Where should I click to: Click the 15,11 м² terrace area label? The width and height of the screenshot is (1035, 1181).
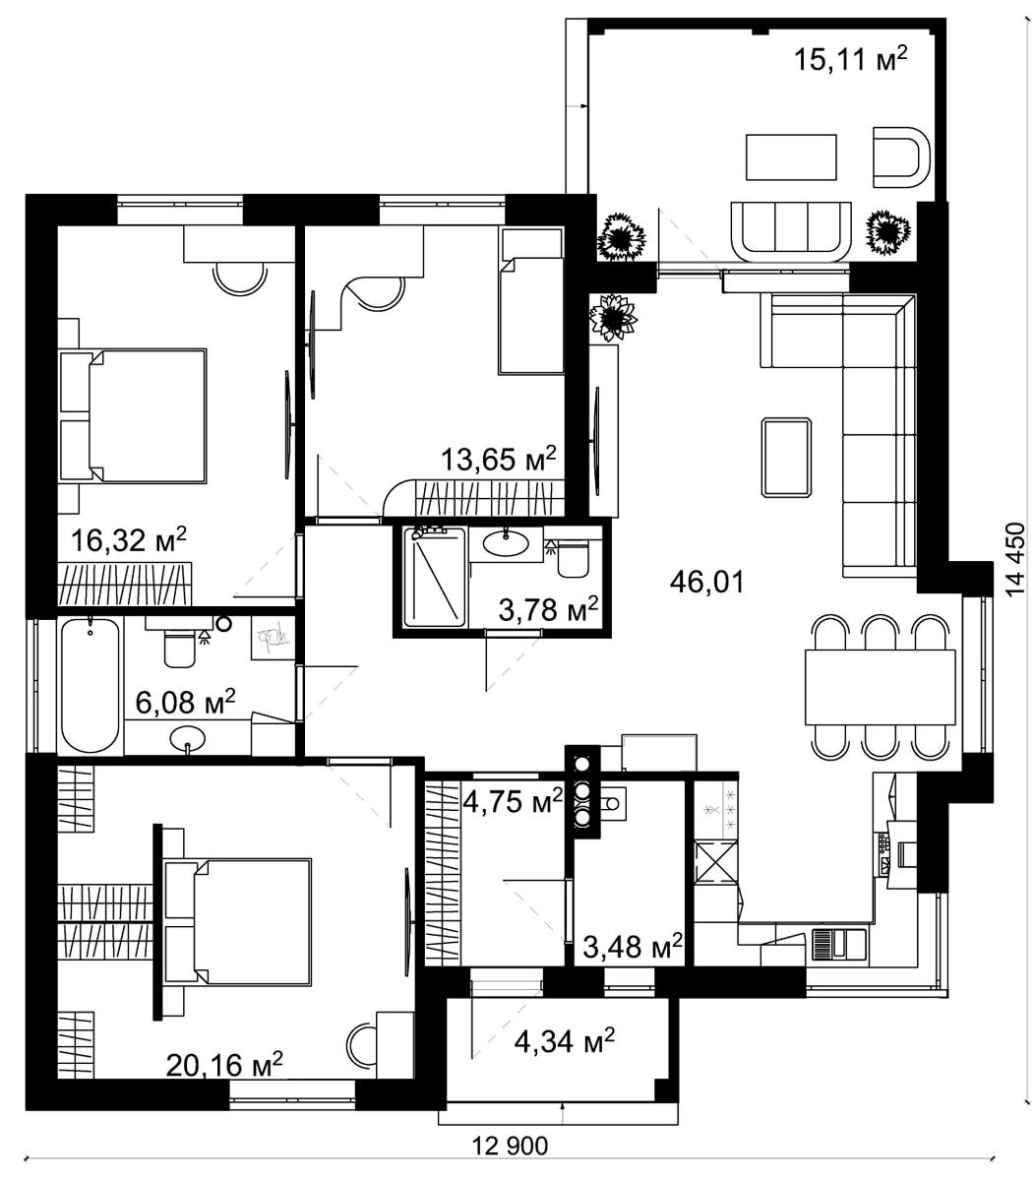coord(850,58)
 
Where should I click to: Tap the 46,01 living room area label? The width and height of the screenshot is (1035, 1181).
coord(707,582)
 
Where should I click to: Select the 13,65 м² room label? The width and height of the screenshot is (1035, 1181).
coord(498,459)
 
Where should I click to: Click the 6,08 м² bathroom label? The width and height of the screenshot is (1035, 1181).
coord(185,701)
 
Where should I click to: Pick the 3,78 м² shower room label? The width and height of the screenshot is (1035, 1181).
coord(548,609)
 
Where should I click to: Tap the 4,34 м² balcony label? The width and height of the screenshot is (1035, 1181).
coord(564,1041)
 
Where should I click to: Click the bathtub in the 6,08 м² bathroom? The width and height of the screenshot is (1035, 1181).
coord(91,686)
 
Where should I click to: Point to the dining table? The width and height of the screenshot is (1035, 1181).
coord(880,687)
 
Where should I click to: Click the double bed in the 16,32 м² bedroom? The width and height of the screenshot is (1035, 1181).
coord(134,415)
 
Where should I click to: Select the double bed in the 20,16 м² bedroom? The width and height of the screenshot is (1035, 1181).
coord(238,922)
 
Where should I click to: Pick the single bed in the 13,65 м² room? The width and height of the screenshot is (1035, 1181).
coord(531,301)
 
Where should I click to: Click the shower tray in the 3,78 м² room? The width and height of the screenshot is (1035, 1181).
coord(434,577)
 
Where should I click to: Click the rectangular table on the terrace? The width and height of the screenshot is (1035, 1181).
coord(791,157)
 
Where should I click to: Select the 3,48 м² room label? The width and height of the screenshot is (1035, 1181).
coord(633,947)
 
